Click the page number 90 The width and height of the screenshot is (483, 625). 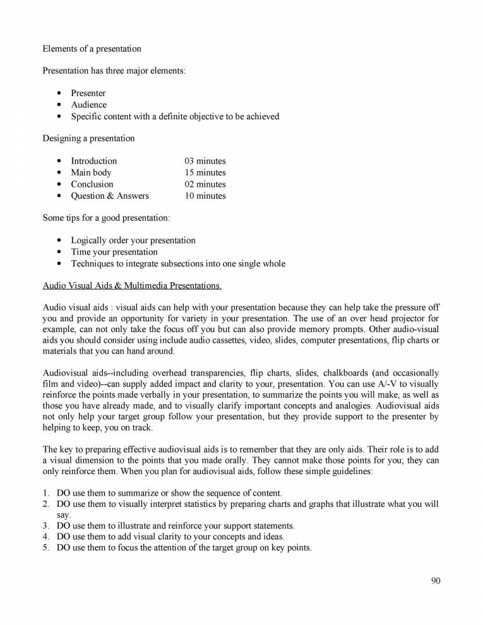pyautogui.click(x=436, y=581)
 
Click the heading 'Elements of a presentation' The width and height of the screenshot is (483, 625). pyautogui.click(x=92, y=49)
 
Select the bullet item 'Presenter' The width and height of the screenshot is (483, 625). pyautogui.click(x=88, y=93)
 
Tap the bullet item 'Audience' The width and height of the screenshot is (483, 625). pyautogui.click(x=88, y=105)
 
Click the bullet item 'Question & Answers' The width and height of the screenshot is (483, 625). pyautogui.click(x=109, y=196)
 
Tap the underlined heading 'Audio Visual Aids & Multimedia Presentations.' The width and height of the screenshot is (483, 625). pyautogui.click(x=132, y=285)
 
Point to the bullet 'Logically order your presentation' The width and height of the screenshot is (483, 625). pyautogui.click(x=133, y=241)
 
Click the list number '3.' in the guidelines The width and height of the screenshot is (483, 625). pyautogui.click(x=46, y=525)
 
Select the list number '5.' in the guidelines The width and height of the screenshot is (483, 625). pyautogui.click(x=46, y=548)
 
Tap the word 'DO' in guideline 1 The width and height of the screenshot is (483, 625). pyautogui.click(x=63, y=492)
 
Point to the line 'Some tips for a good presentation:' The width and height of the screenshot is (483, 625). pyautogui.click(x=106, y=218)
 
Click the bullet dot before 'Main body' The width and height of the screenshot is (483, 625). pyautogui.click(x=59, y=172)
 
